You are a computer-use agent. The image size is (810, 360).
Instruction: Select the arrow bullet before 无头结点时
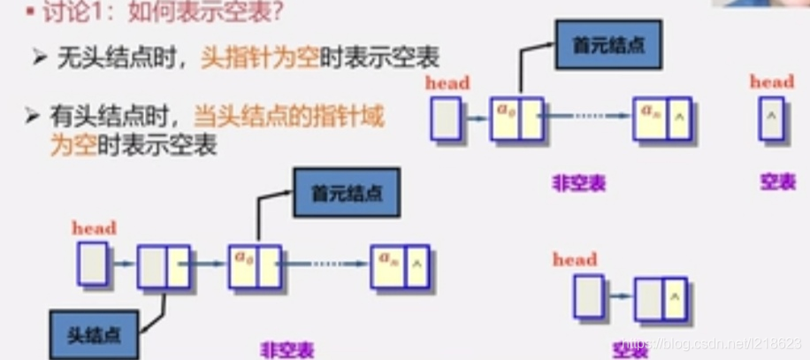39,58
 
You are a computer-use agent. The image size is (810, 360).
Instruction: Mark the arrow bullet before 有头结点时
33,116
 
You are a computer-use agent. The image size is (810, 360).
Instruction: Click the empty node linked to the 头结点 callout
164,266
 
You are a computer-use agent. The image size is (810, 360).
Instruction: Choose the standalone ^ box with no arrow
771,117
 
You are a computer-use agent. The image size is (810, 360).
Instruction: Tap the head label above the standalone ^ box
772,81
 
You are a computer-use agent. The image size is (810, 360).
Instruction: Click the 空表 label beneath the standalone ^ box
778,182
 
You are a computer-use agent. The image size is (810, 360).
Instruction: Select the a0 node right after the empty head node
255,266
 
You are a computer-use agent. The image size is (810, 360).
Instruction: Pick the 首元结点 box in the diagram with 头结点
347,193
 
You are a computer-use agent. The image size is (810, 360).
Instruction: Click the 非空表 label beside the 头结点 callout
287,349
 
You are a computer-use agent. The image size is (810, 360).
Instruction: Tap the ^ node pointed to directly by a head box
661,298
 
